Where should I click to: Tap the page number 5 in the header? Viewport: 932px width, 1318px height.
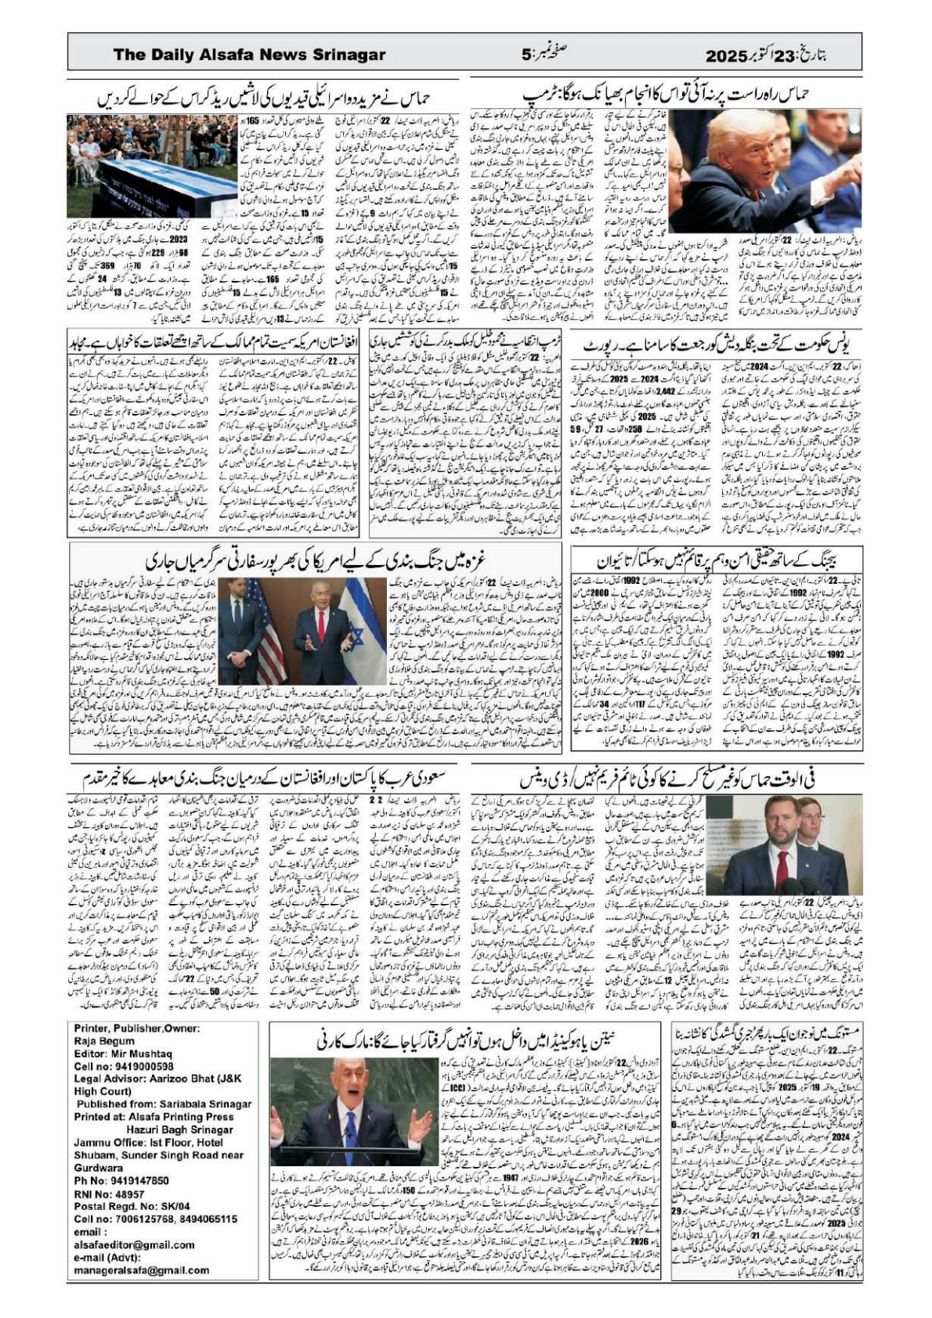click(x=526, y=55)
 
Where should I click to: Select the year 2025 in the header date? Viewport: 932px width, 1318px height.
click(x=728, y=55)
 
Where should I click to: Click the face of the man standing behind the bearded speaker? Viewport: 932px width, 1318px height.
click(x=815, y=825)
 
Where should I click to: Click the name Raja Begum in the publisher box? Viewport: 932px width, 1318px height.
click(x=104, y=1041)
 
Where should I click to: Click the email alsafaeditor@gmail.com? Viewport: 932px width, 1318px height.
click(x=134, y=1244)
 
